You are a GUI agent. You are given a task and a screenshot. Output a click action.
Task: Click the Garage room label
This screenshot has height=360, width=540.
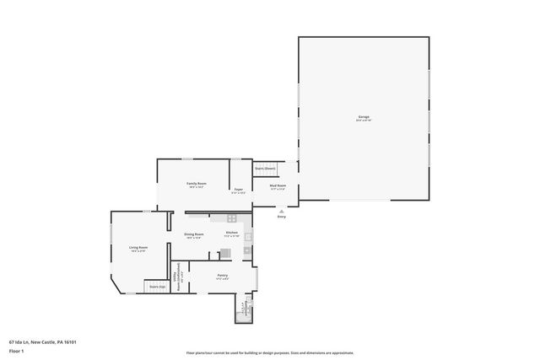pyautogui.click(x=363, y=116)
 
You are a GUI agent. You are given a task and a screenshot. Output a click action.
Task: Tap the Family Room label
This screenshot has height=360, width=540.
pyautogui.click(x=197, y=183)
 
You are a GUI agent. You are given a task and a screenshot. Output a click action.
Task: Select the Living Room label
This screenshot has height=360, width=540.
pyautogui.click(x=138, y=247)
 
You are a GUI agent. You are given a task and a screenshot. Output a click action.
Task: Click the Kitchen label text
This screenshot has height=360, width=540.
pyautogui.click(x=231, y=233)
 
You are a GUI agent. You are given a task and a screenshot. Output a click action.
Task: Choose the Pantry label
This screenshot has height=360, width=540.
pyautogui.click(x=223, y=275)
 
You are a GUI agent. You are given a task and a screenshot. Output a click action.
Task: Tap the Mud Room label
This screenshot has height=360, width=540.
pyautogui.click(x=278, y=185)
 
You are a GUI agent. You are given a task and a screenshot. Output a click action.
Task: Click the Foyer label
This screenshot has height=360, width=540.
pyautogui.click(x=239, y=189)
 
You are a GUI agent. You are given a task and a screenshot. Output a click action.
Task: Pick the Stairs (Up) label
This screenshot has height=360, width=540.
pyautogui.click(x=157, y=287)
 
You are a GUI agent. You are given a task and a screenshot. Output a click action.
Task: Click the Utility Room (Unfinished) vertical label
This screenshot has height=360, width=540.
pyautogui.click(x=177, y=277)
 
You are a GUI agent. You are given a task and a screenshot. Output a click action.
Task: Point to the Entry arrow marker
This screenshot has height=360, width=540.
pyautogui.click(x=281, y=211)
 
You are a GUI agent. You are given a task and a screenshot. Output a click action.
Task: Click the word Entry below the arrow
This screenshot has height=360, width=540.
pyautogui.click(x=281, y=217)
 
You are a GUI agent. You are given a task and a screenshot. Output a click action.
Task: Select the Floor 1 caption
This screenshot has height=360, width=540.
pyautogui.click(x=17, y=350)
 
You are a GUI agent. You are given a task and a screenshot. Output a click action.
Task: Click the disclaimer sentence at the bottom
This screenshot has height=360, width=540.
pyautogui.click(x=269, y=352)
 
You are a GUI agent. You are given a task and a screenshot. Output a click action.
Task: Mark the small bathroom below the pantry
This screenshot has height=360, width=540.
pyautogui.click(x=244, y=309)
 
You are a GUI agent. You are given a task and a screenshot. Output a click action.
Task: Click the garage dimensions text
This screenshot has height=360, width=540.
pyautogui.click(x=363, y=121)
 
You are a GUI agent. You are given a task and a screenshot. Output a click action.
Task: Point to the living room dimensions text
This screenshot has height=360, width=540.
pyautogui.click(x=138, y=251)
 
